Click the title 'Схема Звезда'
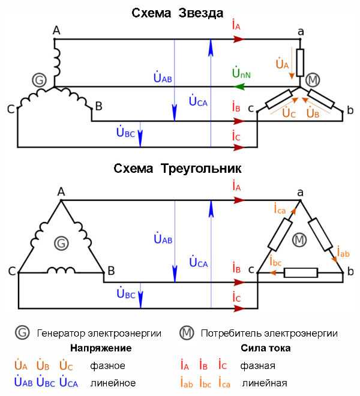click(x=178, y=13)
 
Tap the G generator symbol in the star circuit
click(x=39, y=80)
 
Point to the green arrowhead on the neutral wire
click(x=239, y=87)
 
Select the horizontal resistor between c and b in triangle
click(x=300, y=273)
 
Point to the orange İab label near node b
click(x=343, y=252)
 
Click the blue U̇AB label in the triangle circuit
click(x=162, y=239)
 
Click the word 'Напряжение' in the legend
click(x=100, y=348)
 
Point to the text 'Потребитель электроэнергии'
click(x=269, y=333)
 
